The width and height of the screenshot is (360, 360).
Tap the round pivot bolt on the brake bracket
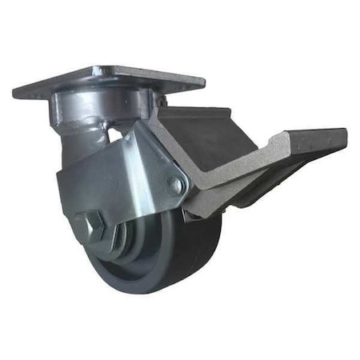(x=175, y=185)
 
